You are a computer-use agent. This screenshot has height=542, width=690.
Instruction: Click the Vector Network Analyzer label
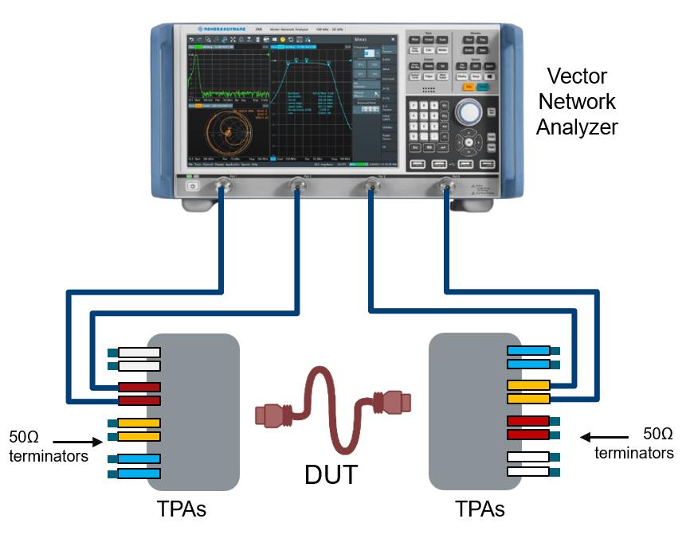tap(576, 101)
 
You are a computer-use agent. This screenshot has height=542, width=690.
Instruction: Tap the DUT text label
tap(331, 474)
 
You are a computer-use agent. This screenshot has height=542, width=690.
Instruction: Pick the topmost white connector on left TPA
tap(139, 352)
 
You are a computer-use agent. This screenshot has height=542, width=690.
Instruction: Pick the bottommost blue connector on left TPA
tap(139, 474)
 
